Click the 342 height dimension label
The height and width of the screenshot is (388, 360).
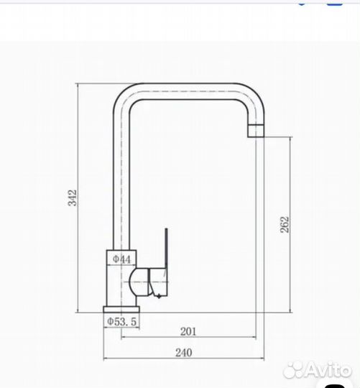point(73,198)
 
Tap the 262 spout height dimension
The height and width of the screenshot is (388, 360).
point(285,224)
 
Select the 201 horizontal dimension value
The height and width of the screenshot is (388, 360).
point(188,331)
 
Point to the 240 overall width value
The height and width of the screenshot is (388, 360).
point(184,353)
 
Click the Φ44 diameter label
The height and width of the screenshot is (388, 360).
point(121,259)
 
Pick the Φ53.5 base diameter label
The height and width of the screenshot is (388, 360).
point(121,321)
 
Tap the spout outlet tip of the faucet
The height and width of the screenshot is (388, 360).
point(256,131)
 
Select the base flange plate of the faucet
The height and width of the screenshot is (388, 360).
point(121,309)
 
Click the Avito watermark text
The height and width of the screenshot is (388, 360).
point(318,370)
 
